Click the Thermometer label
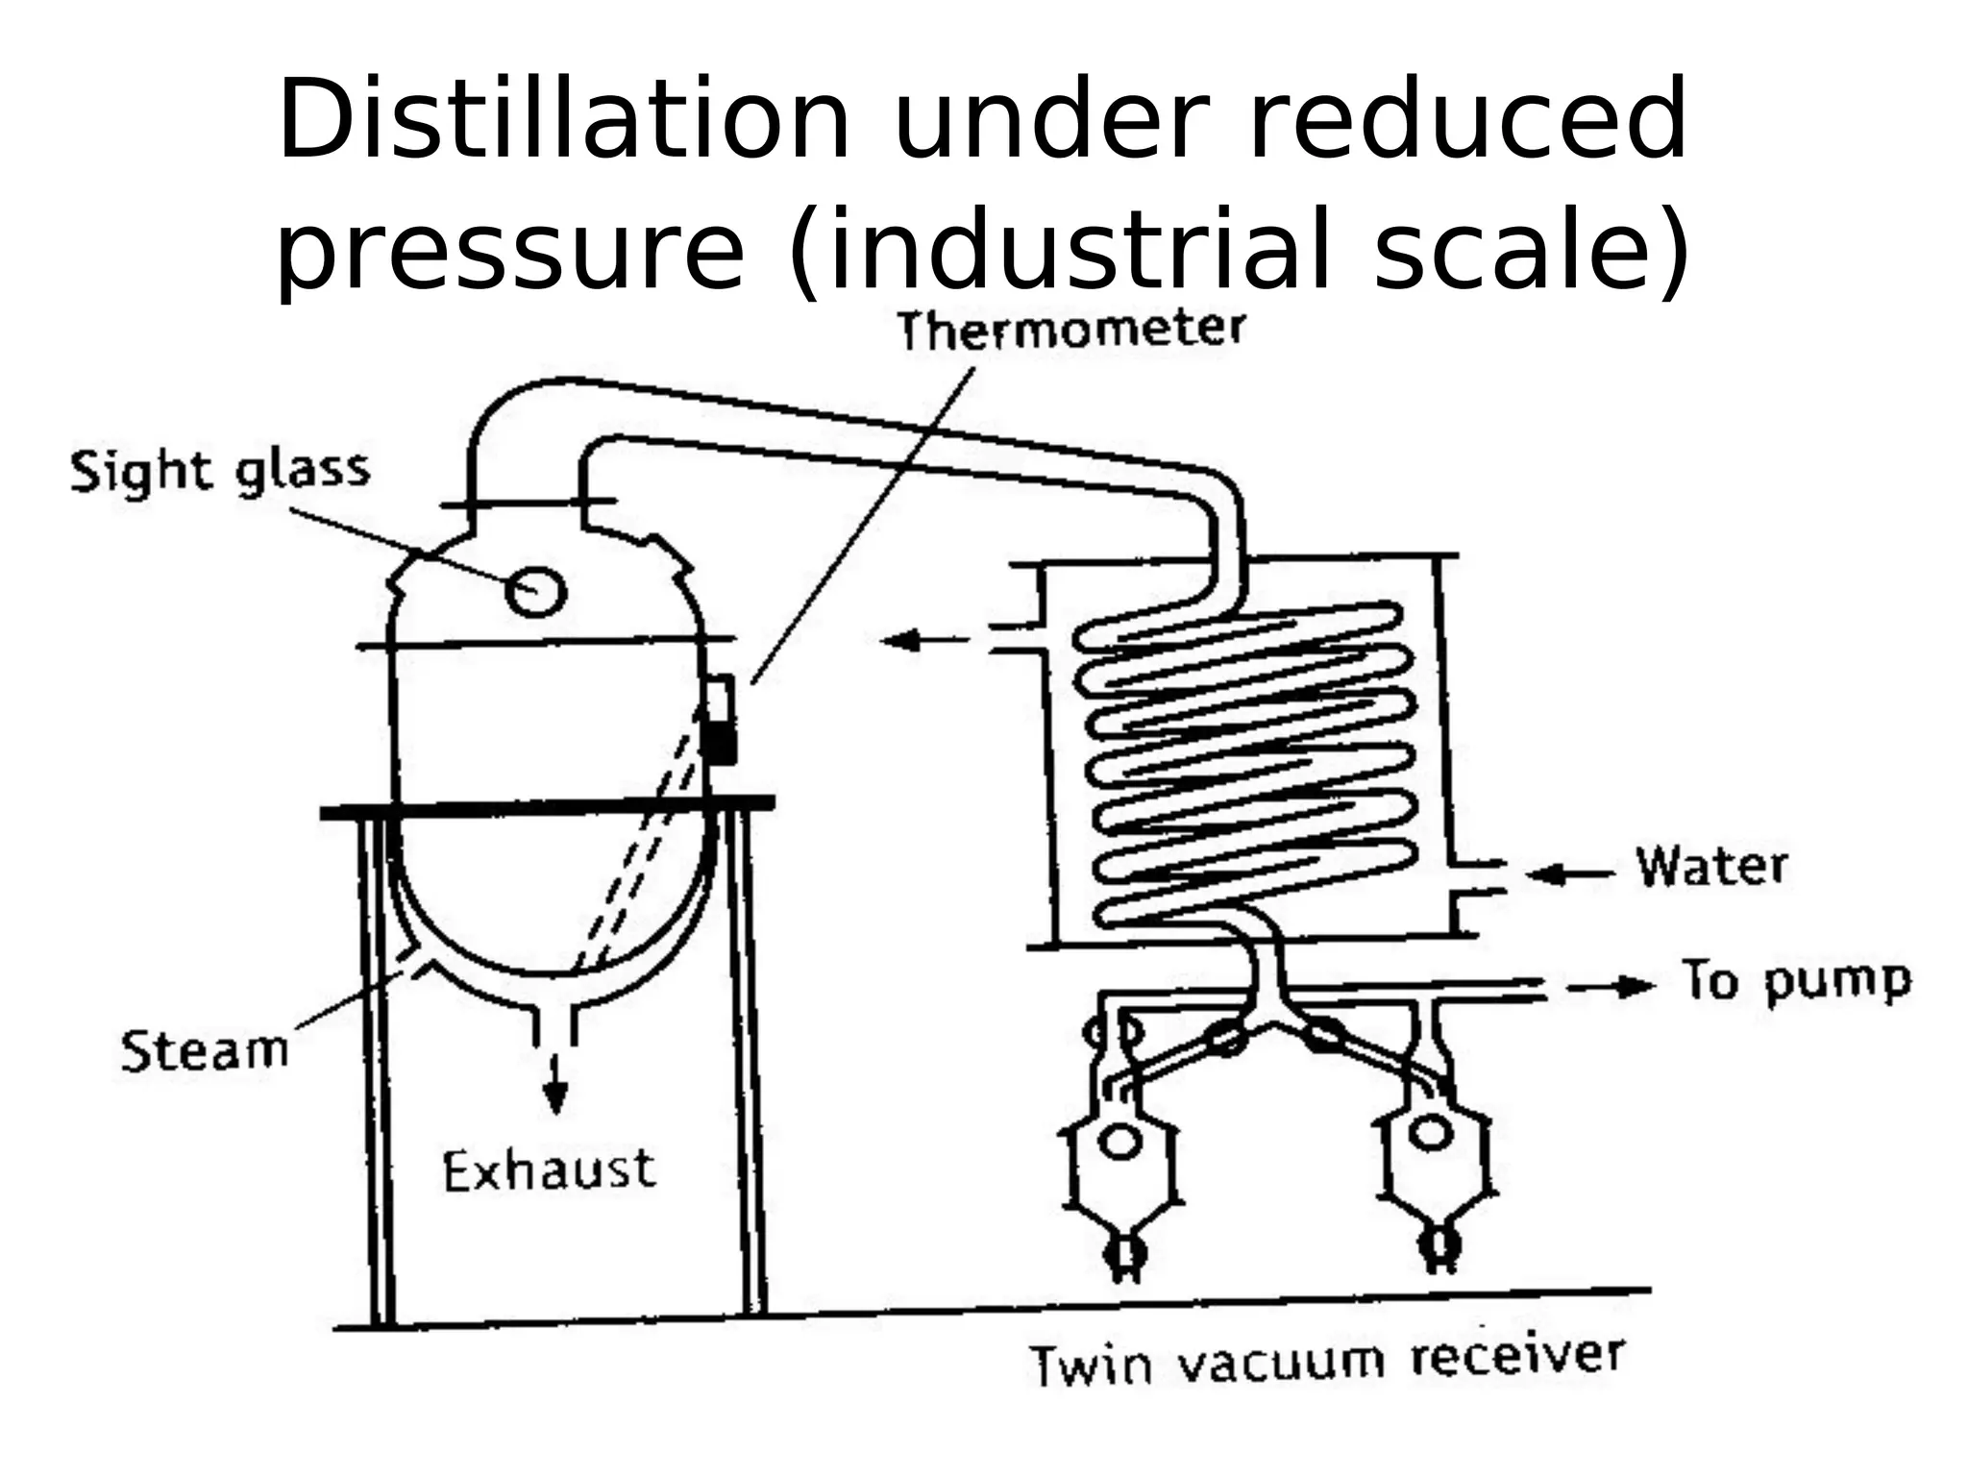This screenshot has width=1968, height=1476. tap(1070, 331)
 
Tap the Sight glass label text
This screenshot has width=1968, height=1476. tap(220, 472)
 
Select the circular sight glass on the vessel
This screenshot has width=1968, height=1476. tap(535, 590)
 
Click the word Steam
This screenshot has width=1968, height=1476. tap(205, 1050)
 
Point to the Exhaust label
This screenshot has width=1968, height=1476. tap(549, 1170)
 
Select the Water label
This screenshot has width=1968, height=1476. tap(1711, 867)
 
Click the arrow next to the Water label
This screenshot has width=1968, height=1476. tap(1569, 873)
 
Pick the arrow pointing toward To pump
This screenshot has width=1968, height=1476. tap(1611, 987)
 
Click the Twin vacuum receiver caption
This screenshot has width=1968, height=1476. tap(1327, 1361)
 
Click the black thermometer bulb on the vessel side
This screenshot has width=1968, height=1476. tap(718, 743)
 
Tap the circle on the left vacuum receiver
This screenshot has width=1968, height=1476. tap(1120, 1141)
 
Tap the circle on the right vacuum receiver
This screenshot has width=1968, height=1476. tap(1430, 1133)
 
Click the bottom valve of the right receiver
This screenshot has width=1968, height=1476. tap(1440, 1246)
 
